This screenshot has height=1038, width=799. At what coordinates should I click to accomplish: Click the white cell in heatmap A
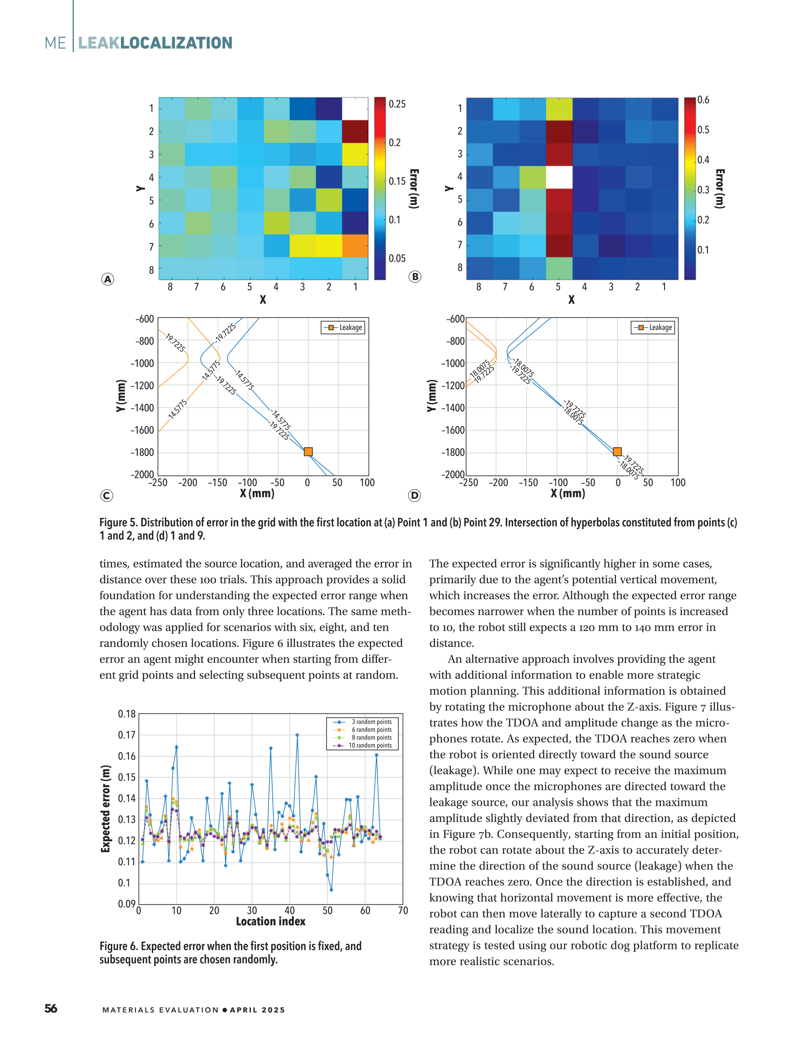tap(355, 109)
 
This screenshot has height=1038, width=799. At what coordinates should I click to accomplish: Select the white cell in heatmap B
tap(559, 177)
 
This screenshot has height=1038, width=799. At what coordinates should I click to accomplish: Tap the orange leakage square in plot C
tap(308, 451)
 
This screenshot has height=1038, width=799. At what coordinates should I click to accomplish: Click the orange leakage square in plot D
tap(617, 451)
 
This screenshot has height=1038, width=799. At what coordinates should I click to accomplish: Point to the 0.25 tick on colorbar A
tap(397, 104)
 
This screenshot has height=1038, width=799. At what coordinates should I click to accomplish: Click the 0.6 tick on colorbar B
tap(703, 100)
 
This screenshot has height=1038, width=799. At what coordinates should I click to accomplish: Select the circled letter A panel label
tap(108, 280)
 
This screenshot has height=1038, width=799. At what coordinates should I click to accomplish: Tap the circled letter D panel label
tap(414, 496)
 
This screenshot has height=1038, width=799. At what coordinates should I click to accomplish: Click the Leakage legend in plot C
tap(344, 327)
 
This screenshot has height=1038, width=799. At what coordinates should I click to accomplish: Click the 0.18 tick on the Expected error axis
tap(127, 714)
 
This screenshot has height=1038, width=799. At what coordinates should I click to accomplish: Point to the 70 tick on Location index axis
tap(403, 911)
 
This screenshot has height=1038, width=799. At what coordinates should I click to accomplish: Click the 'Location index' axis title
tap(270, 922)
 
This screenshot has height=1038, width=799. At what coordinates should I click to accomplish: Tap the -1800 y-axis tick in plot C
tap(142, 452)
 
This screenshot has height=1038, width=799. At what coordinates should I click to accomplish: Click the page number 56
tap(51, 1008)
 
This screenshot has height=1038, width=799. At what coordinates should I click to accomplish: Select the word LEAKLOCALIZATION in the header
tap(155, 43)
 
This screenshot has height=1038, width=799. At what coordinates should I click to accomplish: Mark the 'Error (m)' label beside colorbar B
tap(720, 189)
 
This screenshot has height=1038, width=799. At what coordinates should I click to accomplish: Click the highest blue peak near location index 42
tap(297, 735)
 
